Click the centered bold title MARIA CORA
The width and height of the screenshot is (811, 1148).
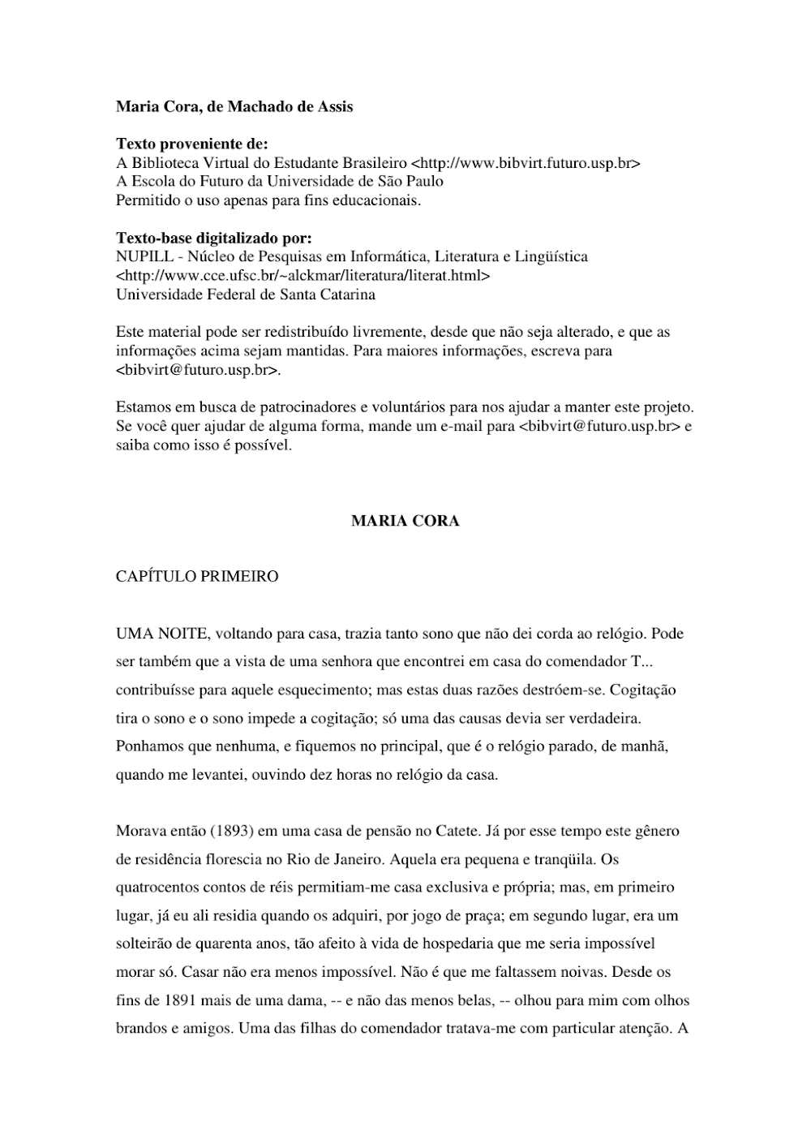tap(405, 521)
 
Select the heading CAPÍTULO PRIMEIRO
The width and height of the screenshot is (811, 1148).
tap(197, 576)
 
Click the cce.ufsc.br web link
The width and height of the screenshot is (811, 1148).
tap(303, 275)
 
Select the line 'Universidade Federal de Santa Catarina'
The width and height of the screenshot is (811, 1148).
tap(246, 295)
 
